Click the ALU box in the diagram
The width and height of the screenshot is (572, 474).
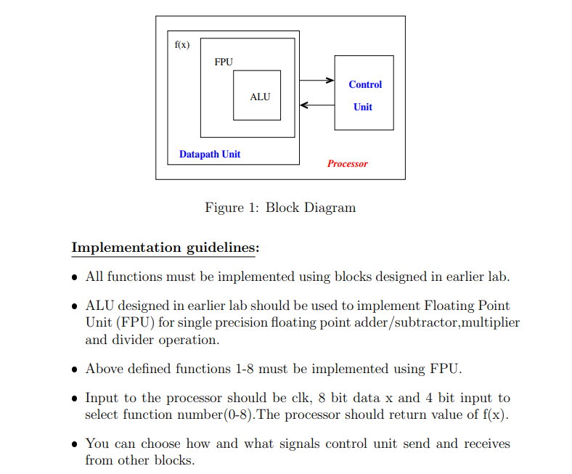[x=257, y=96]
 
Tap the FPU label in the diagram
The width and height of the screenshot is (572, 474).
[x=224, y=62]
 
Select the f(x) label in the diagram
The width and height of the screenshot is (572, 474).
[x=182, y=45]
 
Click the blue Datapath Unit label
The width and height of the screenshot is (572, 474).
[x=210, y=154]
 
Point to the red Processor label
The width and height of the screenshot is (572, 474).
[x=347, y=164]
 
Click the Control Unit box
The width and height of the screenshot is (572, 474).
[x=364, y=93]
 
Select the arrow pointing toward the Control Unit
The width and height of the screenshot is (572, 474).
[x=316, y=81]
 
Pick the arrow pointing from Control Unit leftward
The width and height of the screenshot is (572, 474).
[x=316, y=105]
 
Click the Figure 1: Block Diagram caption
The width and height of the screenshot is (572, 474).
[x=280, y=208]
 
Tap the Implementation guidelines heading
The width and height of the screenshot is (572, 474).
[x=165, y=248]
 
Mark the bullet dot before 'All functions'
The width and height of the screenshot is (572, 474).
[x=75, y=277]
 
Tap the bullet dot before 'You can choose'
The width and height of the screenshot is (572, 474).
[x=75, y=444]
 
